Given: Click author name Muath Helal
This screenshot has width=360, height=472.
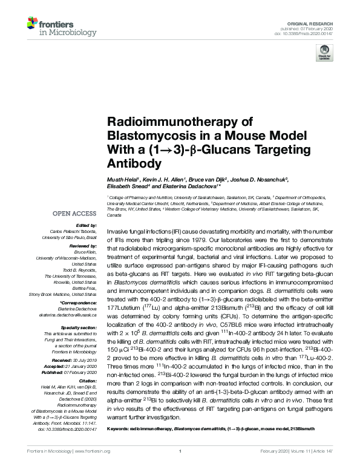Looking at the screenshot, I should point(122,180).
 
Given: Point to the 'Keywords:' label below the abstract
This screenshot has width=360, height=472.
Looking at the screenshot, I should point(119,445).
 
